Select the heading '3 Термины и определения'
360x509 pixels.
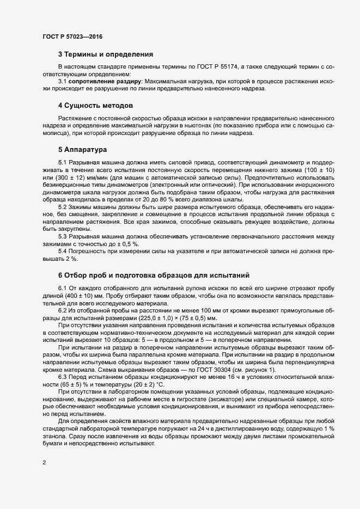tap(105, 54)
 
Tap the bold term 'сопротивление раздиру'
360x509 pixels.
tap(102, 81)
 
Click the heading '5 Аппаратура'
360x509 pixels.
tap(82, 149)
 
